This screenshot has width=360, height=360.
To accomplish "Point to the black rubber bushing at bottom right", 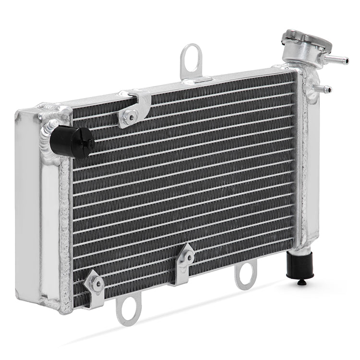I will pos(300,265).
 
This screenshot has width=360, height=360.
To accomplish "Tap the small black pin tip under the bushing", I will pos(301,283).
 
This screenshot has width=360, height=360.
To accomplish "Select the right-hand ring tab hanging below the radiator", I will pos(245,275).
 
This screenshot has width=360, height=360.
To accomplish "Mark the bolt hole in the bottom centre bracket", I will pos(189,258).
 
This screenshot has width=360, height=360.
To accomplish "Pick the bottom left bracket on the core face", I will pos(95,287).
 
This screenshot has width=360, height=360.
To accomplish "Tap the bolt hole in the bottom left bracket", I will pos(98,284).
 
